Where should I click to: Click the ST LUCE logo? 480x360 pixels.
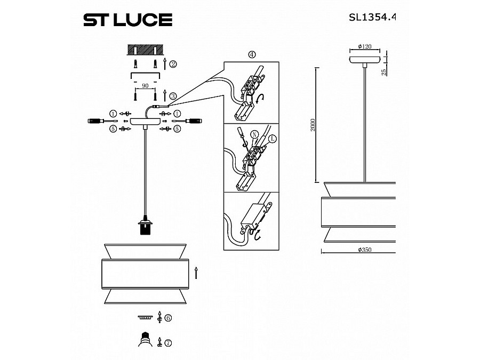click(x=127, y=20)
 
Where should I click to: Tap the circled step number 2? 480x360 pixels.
click(x=173, y=65)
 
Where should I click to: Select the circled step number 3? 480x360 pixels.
click(x=173, y=96)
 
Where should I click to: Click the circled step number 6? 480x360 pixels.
click(x=167, y=318)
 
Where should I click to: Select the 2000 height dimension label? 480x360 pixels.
click(x=313, y=125)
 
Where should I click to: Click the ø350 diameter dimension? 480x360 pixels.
click(x=365, y=250)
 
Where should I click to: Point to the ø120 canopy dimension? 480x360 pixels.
click(x=365, y=46)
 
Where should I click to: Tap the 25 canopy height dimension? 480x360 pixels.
click(x=384, y=72)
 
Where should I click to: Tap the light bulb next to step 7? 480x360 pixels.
click(x=144, y=340)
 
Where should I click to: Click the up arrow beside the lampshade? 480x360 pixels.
click(x=196, y=273)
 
